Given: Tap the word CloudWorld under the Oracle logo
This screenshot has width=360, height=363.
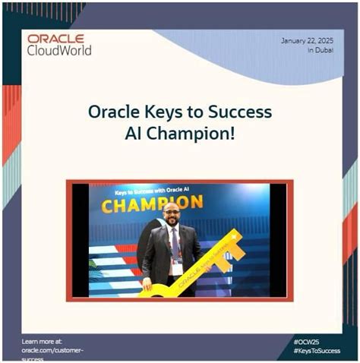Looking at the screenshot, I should click(x=59, y=50).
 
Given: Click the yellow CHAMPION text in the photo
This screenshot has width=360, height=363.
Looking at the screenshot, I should click(x=152, y=204).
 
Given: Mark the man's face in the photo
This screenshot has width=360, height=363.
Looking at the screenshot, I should click(x=172, y=215).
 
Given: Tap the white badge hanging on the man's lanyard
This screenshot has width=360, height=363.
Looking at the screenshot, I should click(x=177, y=269).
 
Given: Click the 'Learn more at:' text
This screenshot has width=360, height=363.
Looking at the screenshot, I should click(x=43, y=342).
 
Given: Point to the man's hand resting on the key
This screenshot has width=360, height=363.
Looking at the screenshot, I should click(x=147, y=286).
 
